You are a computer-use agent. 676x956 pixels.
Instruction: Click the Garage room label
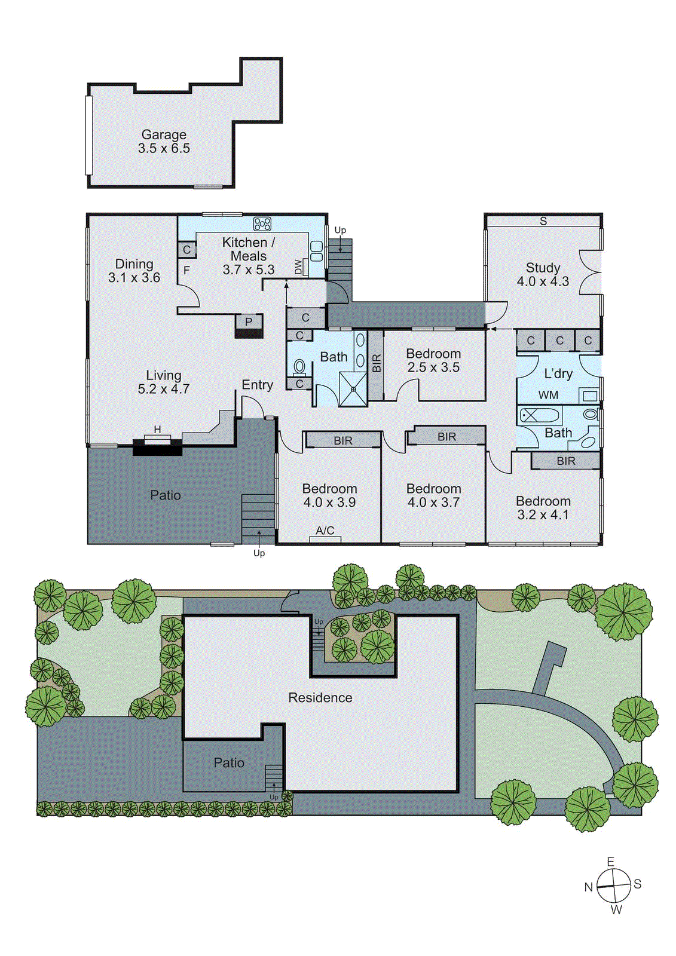[x=164, y=141]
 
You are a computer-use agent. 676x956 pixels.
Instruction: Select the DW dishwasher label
[x=298, y=268]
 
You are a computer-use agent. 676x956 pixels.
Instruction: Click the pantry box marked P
[x=247, y=322]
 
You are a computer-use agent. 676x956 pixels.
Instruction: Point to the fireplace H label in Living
[x=158, y=430]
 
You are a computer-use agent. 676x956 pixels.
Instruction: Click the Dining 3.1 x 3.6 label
[x=134, y=271]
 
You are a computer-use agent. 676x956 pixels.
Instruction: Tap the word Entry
[x=257, y=385]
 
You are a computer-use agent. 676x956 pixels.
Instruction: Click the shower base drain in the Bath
[x=353, y=388]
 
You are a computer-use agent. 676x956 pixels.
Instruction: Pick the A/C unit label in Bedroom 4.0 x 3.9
[x=325, y=531]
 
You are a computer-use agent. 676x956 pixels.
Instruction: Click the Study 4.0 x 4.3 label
[x=543, y=274]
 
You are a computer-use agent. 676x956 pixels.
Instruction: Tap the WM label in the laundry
[x=548, y=395]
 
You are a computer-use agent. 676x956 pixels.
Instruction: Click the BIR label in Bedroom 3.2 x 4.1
[x=566, y=461]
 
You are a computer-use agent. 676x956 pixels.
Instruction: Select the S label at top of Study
[x=543, y=221]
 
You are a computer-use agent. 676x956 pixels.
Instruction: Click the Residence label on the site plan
[x=320, y=698]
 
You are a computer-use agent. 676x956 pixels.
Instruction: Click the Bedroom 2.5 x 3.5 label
[x=433, y=360]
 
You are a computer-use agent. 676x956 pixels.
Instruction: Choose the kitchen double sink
[x=316, y=251]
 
